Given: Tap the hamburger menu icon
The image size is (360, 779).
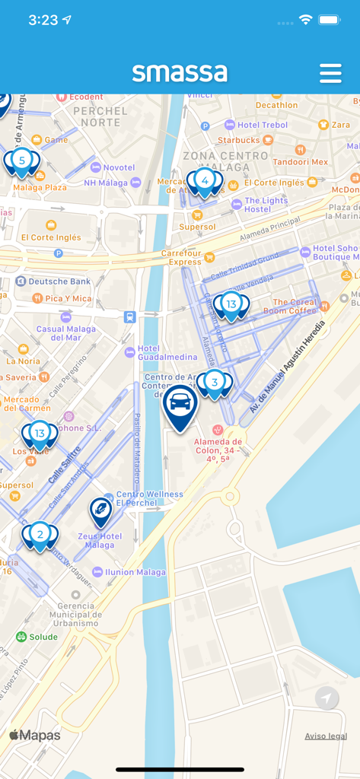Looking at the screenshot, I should pos(330,73).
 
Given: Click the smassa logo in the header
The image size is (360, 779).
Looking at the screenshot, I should pos(180,72).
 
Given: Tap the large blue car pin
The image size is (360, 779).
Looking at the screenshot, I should pos(180,405).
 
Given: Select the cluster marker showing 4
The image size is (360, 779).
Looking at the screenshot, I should pos(205,181).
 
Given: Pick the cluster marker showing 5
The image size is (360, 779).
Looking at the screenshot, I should pos(21,161).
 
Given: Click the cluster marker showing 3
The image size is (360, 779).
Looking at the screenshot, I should pos(215,383).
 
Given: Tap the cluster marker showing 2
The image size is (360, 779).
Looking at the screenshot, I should pos(40,534).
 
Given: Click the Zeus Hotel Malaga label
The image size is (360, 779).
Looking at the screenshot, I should pos(100,540).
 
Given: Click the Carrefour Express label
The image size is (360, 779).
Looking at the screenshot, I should pos(186,257).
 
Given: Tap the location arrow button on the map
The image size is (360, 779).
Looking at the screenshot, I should pos(327,698).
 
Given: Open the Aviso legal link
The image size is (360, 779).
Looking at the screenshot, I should pos(326,736).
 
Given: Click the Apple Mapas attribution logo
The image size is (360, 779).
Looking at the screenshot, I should pos(35,735).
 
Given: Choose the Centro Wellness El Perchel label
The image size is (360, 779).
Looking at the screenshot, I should pos(149,499).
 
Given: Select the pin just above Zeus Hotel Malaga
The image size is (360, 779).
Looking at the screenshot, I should pos(100,510).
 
